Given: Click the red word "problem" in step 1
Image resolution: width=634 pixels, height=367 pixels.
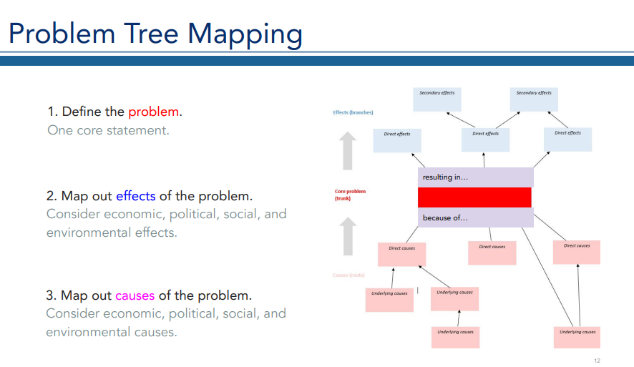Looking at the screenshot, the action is (154, 112).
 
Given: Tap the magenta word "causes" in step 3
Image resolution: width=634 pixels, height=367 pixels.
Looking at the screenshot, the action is (135, 295).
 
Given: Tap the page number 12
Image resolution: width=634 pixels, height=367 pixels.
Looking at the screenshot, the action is (596, 359).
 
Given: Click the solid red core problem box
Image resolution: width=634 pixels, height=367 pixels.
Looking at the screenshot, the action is (474, 197).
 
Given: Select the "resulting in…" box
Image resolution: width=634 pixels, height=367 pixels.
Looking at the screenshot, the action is (475, 177).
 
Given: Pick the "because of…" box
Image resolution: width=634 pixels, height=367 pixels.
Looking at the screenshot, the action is (475, 217).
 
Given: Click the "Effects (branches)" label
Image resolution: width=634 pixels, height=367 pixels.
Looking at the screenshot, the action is (353, 112).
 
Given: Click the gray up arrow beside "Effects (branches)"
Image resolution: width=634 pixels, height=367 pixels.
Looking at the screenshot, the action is (348, 151).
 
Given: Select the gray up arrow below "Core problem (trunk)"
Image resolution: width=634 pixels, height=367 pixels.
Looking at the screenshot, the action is (348, 236).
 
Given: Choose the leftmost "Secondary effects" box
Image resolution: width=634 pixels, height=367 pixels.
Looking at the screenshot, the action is (437, 99).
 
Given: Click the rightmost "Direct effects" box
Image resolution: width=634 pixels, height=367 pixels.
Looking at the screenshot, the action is (567, 140).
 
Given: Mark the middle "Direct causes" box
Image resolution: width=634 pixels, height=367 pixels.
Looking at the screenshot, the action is (492, 253).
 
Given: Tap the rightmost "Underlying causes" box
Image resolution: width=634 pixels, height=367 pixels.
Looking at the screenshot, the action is (577, 337).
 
